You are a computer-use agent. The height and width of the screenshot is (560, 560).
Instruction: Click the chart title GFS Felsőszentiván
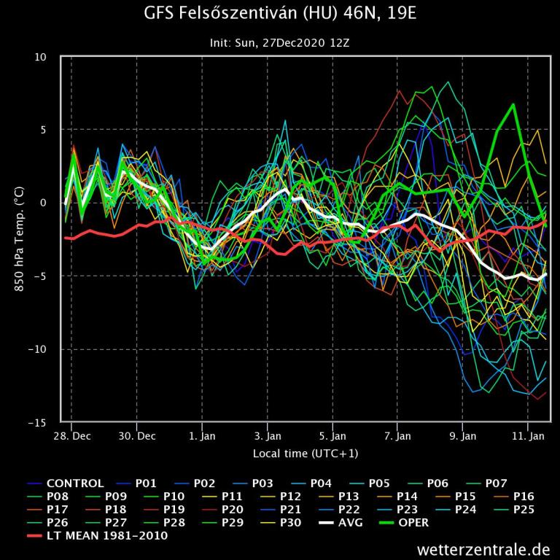click(x=280, y=15)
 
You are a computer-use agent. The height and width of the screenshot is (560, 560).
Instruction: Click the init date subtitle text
click(x=280, y=44)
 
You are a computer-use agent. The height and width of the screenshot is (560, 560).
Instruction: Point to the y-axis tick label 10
click(x=41, y=57)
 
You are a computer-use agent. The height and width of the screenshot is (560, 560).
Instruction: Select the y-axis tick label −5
click(x=39, y=276)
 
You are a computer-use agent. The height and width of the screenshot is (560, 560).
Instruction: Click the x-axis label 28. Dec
click(x=73, y=436)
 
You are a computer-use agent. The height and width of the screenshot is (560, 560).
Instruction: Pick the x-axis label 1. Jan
click(x=202, y=436)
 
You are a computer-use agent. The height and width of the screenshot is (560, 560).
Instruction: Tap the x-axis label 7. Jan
click(x=397, y=436)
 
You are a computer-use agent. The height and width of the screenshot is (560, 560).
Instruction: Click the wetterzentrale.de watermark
click(x=483, y=549)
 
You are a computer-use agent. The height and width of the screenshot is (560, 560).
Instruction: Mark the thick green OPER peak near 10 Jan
click(x=513, y=104)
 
